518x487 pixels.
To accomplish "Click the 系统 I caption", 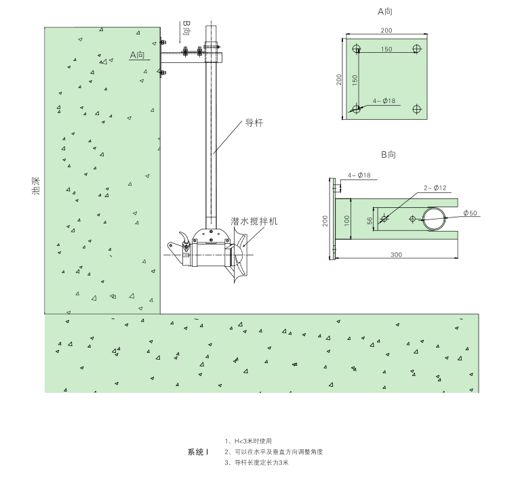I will (197, 451).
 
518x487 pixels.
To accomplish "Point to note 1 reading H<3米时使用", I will (248, 440).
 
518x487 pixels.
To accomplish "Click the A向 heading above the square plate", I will (385, 12).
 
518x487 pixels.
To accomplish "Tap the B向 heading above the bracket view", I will (387, 155).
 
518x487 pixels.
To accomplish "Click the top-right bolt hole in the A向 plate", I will (417, 49).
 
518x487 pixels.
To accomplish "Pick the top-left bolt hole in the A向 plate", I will (356, 49).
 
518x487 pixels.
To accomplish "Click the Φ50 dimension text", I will (470, 213).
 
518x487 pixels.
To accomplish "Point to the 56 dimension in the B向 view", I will (370, 219).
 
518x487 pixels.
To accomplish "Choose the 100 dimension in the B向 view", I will (345, 219).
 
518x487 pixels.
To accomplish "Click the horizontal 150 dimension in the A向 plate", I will (386, 49).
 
